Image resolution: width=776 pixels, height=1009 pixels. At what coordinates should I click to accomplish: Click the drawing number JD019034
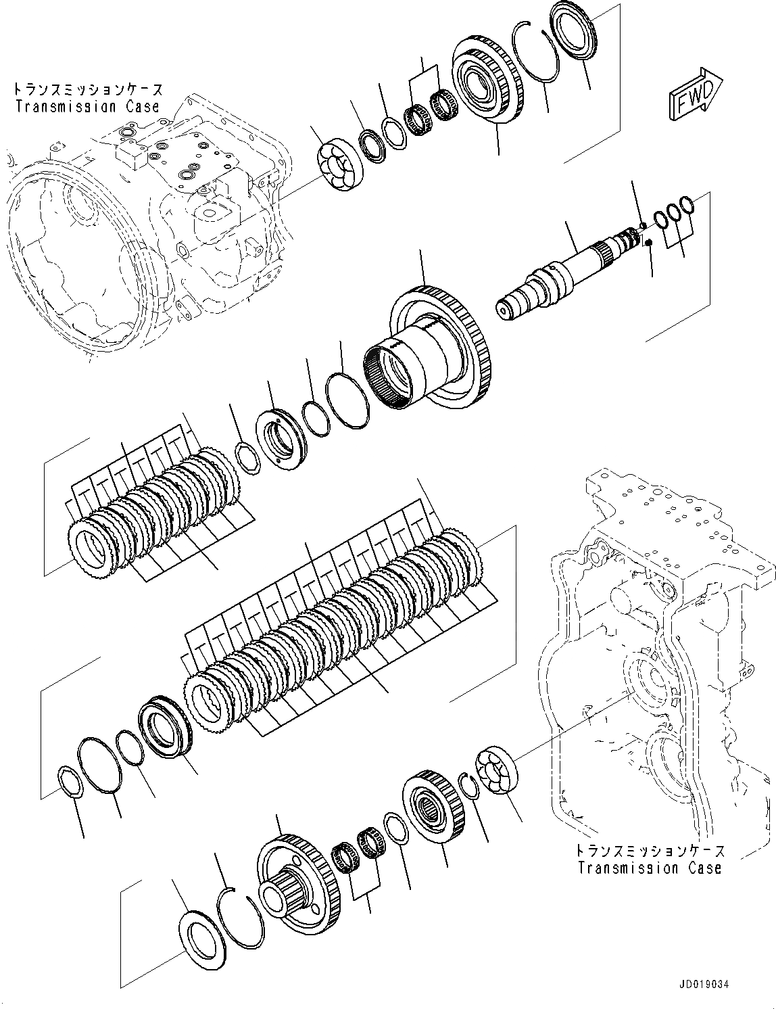(700, 986)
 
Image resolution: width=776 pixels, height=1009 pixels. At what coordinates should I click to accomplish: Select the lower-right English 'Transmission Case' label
(650, 868)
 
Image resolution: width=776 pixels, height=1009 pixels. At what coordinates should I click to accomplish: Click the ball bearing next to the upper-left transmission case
(341, 164)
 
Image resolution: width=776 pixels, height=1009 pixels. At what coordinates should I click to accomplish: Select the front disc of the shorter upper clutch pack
(94, 548)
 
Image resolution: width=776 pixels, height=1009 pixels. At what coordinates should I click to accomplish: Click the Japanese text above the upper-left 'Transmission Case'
(87, 89)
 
